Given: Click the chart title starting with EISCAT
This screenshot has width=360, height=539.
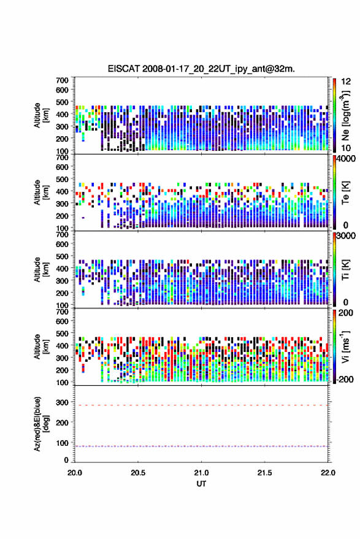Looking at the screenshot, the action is click(x=201, y=69).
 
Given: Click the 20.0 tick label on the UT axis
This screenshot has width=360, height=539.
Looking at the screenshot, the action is click(x=75, y=473).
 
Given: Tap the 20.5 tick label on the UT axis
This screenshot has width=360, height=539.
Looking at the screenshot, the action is click(x=138, y=473).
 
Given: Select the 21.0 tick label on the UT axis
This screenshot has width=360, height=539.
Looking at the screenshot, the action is click(x=201, y=473).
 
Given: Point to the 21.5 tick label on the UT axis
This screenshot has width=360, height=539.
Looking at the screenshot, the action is click(x=264, y=473).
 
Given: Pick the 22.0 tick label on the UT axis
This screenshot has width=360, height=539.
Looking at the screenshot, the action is click(x=328, y=473).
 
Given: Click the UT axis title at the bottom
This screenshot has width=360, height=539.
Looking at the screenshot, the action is click(x=202, y=484).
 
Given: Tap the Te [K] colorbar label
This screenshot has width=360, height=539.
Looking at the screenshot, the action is click(x=345, y=193).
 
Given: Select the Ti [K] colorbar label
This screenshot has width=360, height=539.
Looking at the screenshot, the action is click(x=345, y=270).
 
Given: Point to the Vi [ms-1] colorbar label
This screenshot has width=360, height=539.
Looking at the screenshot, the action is click(x=345, y=347).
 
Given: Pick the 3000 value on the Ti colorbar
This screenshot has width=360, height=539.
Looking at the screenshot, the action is click(x=346, y=236).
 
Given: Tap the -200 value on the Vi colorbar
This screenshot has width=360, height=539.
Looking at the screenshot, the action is click(x=345, y=380).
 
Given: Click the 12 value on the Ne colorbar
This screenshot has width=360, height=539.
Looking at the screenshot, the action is click(x=346, y=82).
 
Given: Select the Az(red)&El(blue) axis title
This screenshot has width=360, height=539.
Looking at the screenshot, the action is click(x=41, y=424).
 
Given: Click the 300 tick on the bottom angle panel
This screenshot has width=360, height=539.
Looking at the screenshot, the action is click(x=62, y=402).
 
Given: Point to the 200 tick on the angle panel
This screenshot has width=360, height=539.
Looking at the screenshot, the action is click(x=62, y=422).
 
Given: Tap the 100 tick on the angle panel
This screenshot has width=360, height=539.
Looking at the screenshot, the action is click(x=62, y=443).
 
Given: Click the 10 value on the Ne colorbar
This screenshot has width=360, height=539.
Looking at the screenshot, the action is click(x=346, y=148).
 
